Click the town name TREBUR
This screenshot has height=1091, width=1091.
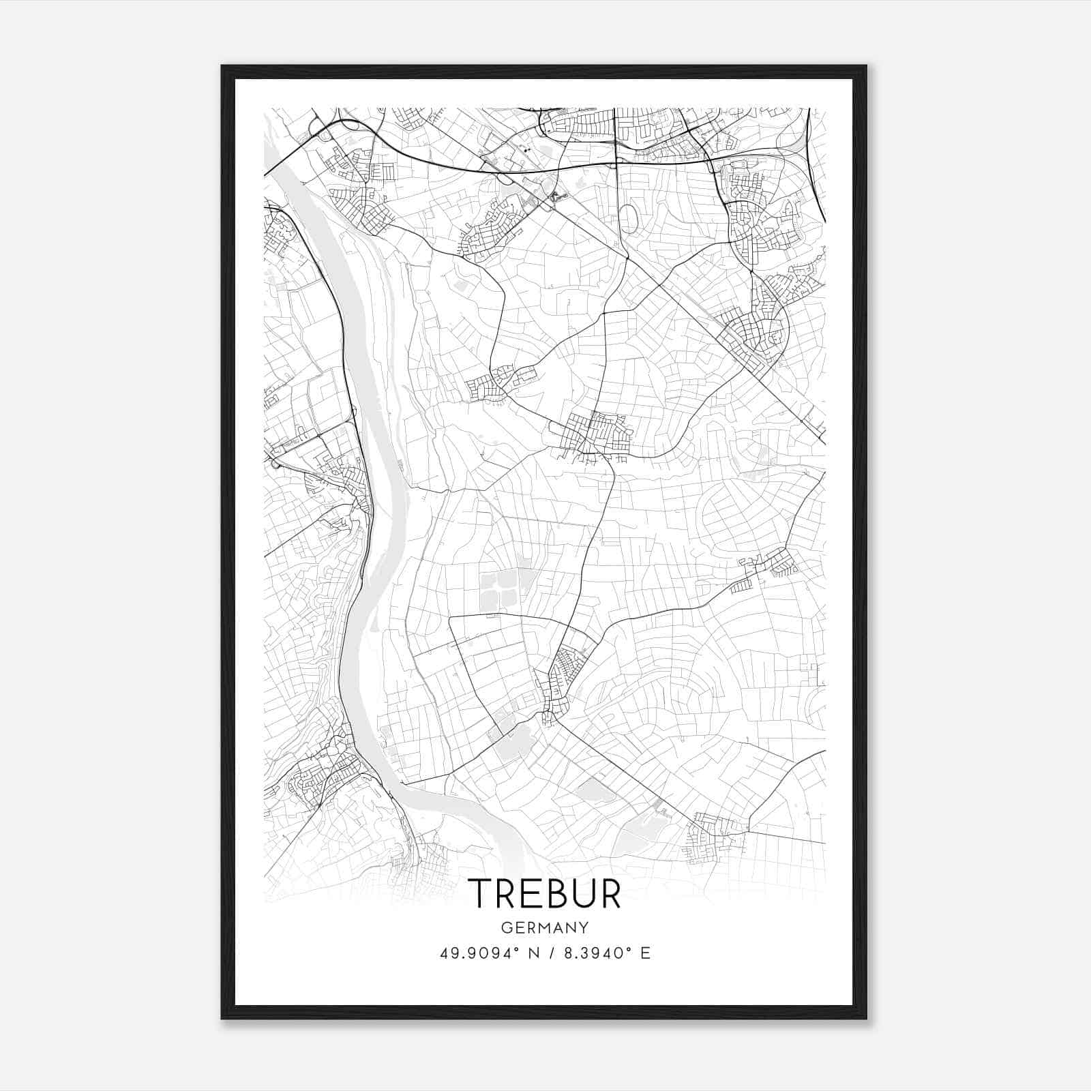pyautogui.click(x=545, y=893)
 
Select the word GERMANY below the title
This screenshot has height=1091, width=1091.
pyautogui.click(x=545, y=927)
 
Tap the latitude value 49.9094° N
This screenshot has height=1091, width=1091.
pyautogui.click(x=483, y=953)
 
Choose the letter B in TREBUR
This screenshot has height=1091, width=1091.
pyautogui.click(x=557, y=893)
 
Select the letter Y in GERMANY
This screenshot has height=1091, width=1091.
pyautogui.click(x=584, y=927)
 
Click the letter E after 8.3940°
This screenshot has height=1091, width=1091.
pyautogui.click(x=645, y=953)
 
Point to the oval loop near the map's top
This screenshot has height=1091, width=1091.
pyautogui.click(x=629, y=220)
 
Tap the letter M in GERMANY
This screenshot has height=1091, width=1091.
pyautogui.click(x=545, y=927)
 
